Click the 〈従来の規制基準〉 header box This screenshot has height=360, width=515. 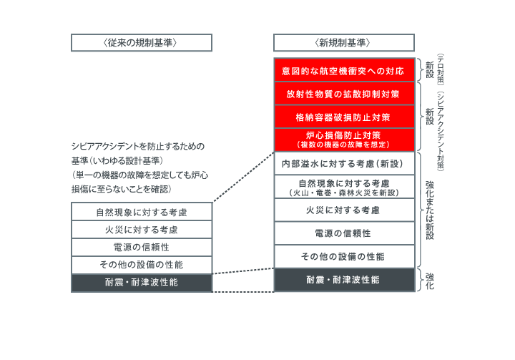coord(141,43)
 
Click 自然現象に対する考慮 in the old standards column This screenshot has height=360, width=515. coord(141,212)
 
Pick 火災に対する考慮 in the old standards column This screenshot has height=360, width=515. coord(141,230)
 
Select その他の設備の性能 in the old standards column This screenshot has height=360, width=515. coord(141,265)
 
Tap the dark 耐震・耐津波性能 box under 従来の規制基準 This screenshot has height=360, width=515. coord(141,283)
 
